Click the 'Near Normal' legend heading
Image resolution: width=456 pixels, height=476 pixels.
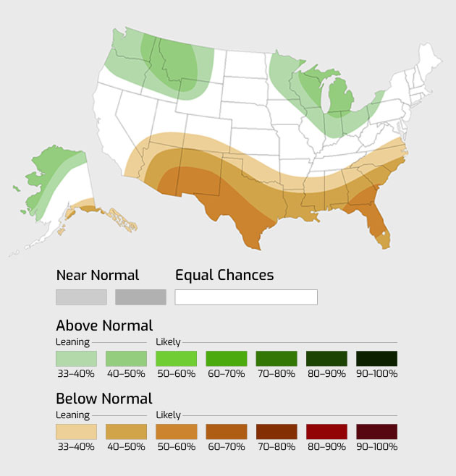tap(98, 275)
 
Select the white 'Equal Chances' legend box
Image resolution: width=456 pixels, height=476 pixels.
tap(246, 297)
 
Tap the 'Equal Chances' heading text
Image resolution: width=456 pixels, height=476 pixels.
tap(224, 275)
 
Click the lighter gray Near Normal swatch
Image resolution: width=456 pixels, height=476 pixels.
tap(81, 297)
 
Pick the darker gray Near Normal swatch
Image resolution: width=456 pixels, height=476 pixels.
tap(140, 297)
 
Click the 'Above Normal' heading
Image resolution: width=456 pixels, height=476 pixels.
tap(104, 326)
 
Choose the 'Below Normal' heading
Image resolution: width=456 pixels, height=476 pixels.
tap(104, 399)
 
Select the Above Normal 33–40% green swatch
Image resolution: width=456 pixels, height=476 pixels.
tap(77, 359)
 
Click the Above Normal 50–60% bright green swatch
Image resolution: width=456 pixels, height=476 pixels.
tap(177, 359)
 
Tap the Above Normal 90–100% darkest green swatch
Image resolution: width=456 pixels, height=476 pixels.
tap(376, 359)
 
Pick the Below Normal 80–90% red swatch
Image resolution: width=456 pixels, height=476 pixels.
tap(326, 432)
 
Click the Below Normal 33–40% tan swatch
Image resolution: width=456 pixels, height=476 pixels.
tap(77, 432)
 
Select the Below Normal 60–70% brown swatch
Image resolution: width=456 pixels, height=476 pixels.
tap(227, 432)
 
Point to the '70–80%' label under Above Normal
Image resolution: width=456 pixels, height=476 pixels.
tap(276, 374)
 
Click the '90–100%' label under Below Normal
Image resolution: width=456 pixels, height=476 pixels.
tap(376, 447)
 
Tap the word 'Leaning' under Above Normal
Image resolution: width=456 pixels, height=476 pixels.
tap(72, 342)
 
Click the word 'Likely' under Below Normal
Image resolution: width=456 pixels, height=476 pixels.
tap(168, 415)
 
